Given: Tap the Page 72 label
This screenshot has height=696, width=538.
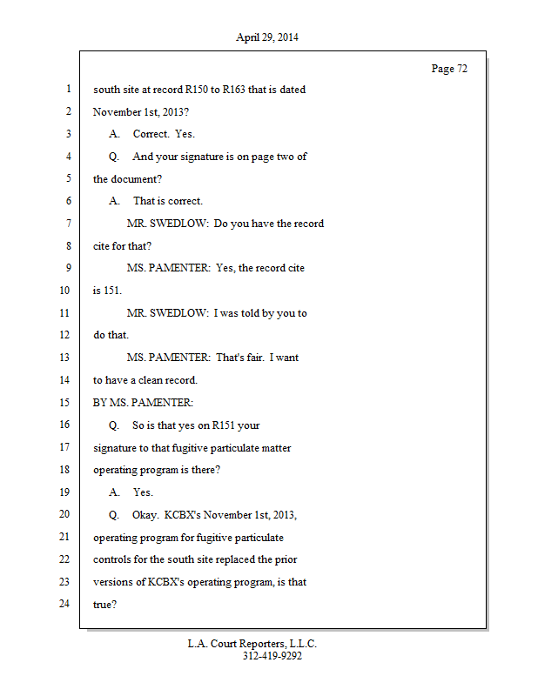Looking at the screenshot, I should point(449,69).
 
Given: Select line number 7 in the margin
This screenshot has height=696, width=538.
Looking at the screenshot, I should point(67,224).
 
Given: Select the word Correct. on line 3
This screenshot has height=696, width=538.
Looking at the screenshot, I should point(151,134).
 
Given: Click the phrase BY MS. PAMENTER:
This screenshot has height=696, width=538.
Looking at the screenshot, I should point(143,403).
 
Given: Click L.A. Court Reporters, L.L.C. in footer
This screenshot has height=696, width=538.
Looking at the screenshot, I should point(252,645).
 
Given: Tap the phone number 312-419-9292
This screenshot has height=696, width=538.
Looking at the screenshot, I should point(272,657).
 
